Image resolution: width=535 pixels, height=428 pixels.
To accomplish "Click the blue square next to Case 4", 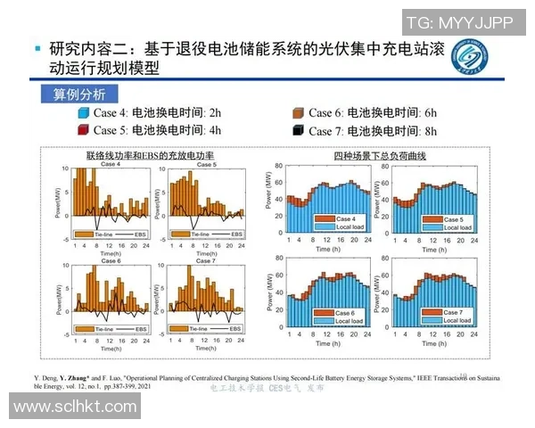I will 84,113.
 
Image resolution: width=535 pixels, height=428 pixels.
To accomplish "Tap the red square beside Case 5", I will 84,130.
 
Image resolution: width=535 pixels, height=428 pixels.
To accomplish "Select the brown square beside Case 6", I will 298,113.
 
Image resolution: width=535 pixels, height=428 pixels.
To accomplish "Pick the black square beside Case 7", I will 298,130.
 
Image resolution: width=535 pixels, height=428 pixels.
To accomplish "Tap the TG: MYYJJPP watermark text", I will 458,23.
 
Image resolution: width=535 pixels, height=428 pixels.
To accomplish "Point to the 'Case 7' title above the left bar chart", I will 205,260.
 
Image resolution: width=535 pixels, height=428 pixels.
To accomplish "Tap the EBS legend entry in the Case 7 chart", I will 231,329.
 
